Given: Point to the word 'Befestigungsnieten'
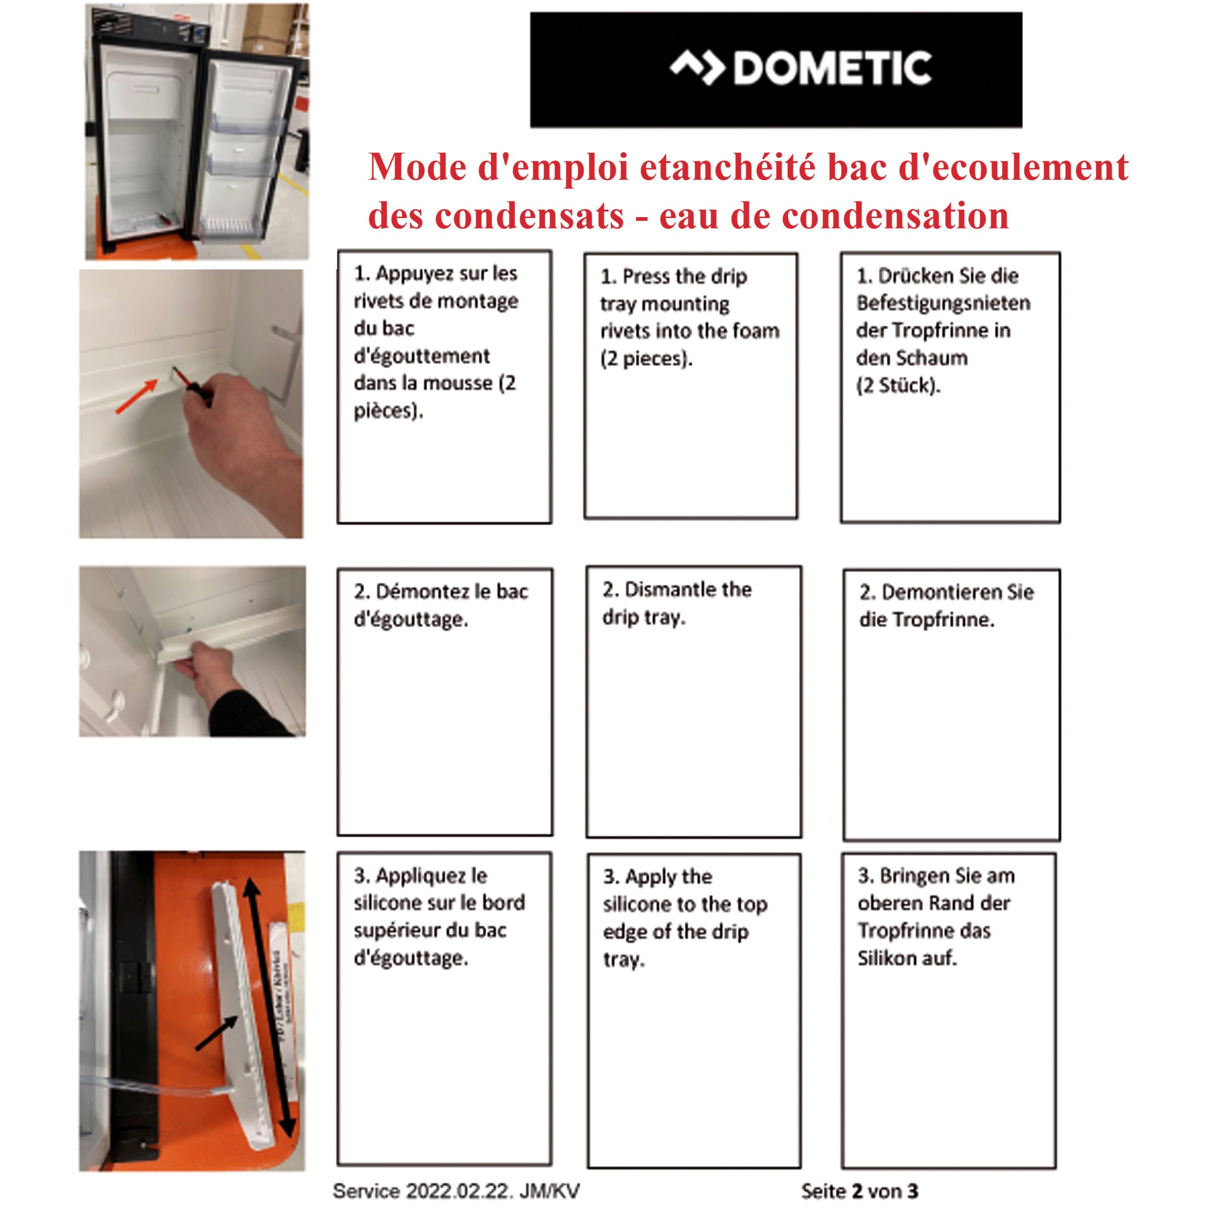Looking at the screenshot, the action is click(x=943, y=303).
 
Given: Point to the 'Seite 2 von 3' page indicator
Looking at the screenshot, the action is click(x=860, y=1191).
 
